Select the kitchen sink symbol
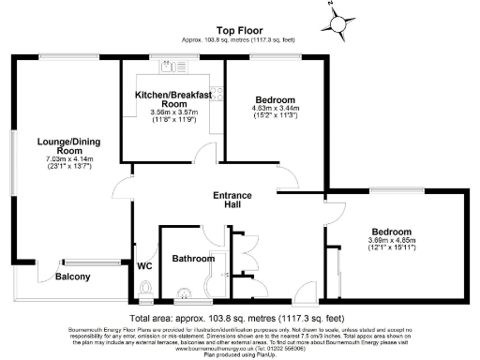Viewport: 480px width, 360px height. coord(170,66)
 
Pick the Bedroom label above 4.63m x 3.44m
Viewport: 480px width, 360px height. coord(276,99)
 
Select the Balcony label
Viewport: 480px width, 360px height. coord(72,277)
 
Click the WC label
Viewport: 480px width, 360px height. coord(144,266)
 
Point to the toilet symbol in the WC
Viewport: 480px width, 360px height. coord(144,290)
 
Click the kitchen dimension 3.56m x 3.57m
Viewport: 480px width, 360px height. coord(171,113)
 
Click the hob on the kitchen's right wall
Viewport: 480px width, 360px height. coord(215,93)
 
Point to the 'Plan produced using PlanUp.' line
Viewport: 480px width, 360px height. coord(239,355)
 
